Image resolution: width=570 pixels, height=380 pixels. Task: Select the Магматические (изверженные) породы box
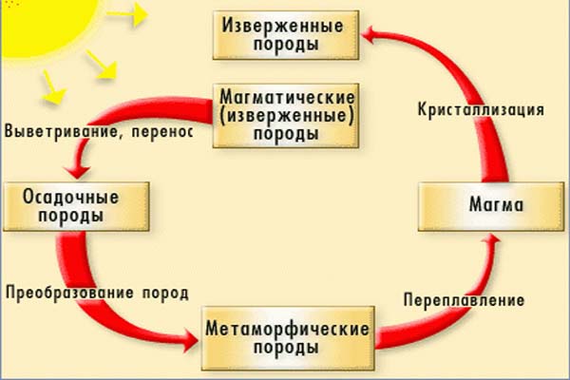point(274,115)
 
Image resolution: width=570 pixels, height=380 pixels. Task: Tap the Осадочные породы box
point(63,206)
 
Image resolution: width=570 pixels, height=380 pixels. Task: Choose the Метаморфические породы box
point(286,337)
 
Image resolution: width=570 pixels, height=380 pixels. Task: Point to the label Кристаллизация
point(481,109)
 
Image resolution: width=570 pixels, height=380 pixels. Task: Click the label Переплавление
point(463,300)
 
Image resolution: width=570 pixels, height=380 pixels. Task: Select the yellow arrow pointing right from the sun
point(133,13)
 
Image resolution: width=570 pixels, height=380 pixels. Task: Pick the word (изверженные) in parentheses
point(274,115)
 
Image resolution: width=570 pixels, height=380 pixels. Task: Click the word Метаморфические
point(286,329)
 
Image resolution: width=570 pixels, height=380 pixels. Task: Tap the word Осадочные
point(63,198)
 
